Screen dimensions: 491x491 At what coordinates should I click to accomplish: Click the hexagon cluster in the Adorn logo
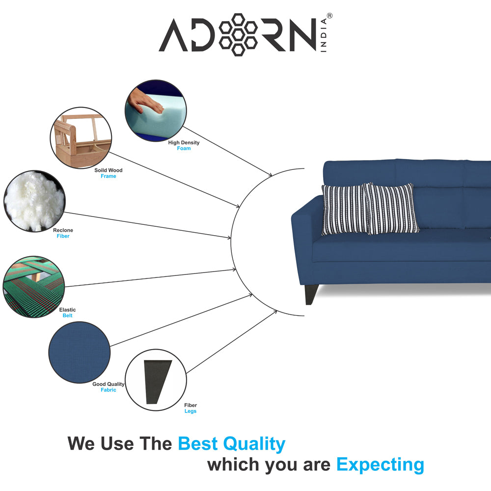point(238,34)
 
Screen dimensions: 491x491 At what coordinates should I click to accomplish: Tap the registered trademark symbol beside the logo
point(329,16)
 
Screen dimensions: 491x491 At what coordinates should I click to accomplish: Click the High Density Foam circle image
point(156,111)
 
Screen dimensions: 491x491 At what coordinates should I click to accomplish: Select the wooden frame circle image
point(81,138)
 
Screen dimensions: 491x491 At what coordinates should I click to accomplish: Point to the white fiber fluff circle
point(34,200)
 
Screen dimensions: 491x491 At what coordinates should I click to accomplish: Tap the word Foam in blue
point(184,148)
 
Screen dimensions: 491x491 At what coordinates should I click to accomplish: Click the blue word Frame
point(109,176)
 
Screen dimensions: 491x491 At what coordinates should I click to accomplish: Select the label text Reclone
point(63,230)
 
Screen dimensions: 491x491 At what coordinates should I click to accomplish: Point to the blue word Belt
point(67,316)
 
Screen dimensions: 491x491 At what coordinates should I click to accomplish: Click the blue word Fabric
point(109,390)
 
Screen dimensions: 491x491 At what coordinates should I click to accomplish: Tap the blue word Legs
point(191,411)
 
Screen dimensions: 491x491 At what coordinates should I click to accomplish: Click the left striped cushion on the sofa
point(344,209)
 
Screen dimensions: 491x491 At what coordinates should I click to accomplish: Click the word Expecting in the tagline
point(380,464)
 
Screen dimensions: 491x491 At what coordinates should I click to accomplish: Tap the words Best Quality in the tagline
point(231,444)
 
